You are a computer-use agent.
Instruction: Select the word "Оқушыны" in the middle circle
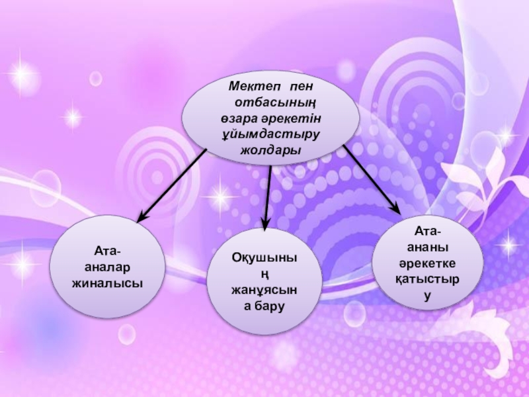(x=264, y=259)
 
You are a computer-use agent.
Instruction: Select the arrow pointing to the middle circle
(x=268, y=196)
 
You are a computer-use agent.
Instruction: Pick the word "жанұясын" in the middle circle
(x=264, y=291)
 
